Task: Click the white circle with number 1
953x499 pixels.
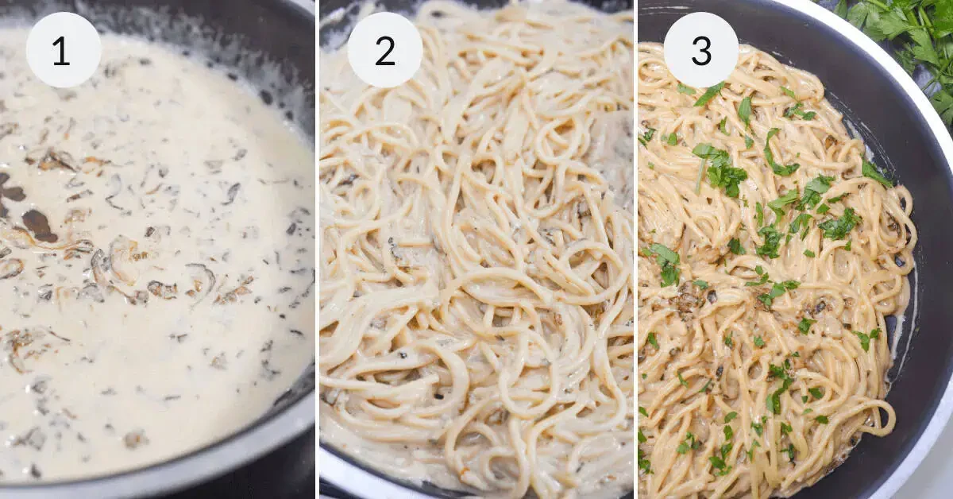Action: pos(63,50)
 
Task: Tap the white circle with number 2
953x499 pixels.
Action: pos(384,50)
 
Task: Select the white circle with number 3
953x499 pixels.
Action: pos(700,50)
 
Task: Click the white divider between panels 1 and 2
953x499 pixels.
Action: pos(317,249)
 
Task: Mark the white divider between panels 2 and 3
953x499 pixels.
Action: pos(635,249)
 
